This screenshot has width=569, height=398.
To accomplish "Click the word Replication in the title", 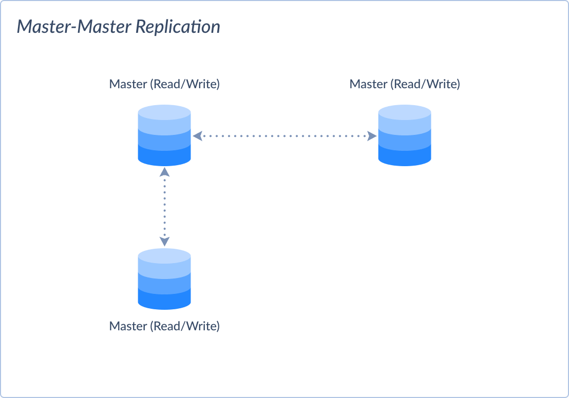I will pyautogui.click(x=178, y=27).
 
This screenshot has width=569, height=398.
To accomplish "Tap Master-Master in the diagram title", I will pyautogui.click(x=74, y=27).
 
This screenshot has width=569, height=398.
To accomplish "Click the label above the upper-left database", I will pyautogui.click(x=164, y=84).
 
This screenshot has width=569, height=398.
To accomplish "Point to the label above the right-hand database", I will pyautogui.click(x=405, y=84).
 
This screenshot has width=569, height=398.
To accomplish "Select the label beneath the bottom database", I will pyautogui.click(x=164, y=326).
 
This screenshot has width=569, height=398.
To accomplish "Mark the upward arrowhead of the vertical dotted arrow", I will pyautogui.click(x=164, y=171).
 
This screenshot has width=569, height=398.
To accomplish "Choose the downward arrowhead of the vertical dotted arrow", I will pyautogui.click(x=164, y=242).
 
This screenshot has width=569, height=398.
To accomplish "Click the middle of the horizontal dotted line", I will pyautogui.click(x=284, y=136).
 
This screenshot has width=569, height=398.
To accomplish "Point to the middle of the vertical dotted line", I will pyautogui.click(x=164, y=206).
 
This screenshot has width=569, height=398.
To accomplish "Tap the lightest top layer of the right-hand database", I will pyautogui.click(x=405, y=112).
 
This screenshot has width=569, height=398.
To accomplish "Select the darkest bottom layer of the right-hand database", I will pyautogui.click(x=405, y=157).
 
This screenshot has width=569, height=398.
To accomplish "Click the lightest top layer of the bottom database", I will pyautogui.click(x=164, y=256).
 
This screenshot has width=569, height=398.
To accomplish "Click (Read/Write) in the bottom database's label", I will pyautogui.click(x=185, y=326).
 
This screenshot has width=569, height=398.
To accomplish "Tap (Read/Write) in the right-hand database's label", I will pyautogui.click(x=425, y=84).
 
